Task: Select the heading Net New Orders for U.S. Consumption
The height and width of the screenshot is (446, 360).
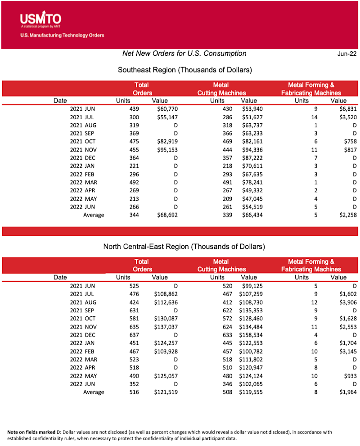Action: [x=184, y=54]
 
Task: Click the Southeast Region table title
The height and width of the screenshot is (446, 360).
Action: [x=184, y=70]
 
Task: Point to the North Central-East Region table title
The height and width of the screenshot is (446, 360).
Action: [x=184, y=247]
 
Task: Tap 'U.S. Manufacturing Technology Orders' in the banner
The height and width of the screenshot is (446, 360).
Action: [x=62, y=35]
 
